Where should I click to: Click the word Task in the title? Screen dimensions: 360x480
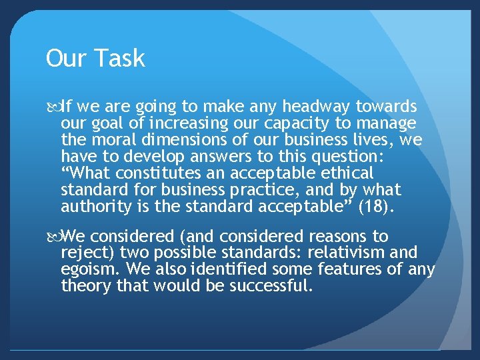point(121,59)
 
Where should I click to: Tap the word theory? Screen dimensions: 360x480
point(81,287)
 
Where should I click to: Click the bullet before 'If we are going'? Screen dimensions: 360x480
point(53,107)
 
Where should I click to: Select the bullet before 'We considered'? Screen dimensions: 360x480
point(53,237)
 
